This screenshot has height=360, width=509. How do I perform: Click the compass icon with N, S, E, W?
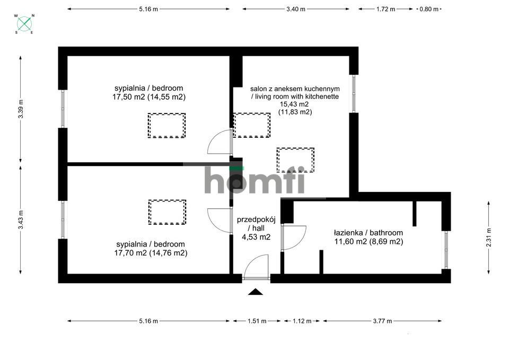[x=25, y=24]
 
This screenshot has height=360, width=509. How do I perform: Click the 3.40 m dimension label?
[x=296, y=9]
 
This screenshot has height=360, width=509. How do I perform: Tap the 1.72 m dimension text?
[x=385, y=9]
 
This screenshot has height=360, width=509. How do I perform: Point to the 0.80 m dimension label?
[x=429, y=9]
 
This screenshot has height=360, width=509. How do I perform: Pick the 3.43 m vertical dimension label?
[x=21, y=220]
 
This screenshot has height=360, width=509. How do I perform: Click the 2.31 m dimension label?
[x=488, y=238]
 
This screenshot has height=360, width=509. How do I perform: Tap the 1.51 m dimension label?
[x=257, y=321]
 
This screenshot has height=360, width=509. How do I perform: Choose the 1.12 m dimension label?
[x=302, y=321]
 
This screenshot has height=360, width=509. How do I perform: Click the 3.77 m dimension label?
[x=382, y=321]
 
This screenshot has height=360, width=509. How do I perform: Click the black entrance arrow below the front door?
[x=256, y=292]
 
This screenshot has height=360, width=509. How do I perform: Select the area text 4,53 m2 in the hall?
[x=256, y=237]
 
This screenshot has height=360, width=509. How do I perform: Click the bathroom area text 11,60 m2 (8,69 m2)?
[x=369, y=242]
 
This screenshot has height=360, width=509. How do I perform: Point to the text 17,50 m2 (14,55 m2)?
[x=149, y=96]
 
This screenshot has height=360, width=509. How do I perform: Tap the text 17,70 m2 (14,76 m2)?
[x=151, y=253]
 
